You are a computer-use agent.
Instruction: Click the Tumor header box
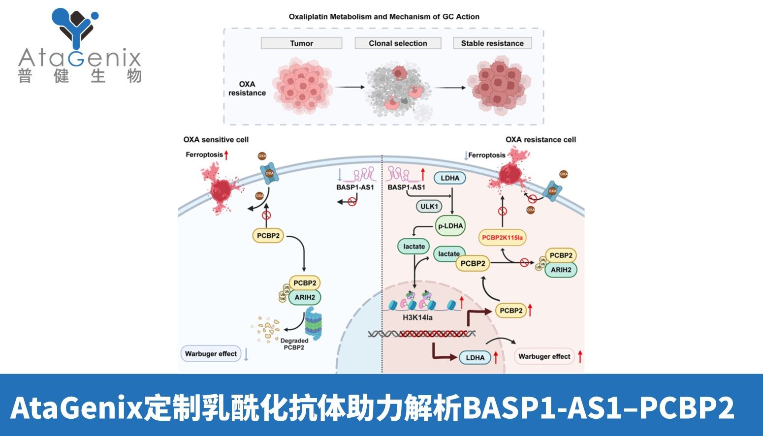(301, 43)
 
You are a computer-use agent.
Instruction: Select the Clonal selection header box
(398, 43)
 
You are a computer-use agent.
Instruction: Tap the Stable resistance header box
(492, 43)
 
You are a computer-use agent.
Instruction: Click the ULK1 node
(429, 206)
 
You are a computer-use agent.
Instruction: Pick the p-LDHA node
(450, 226)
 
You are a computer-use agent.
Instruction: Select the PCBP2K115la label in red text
(502, 238)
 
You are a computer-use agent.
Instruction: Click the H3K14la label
(417, 317)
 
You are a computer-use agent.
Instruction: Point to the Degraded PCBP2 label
(294, 344)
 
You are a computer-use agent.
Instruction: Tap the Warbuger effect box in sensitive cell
(211, 354)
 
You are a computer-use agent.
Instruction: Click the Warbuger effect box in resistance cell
(544, 356)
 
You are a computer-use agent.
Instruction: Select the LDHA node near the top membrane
(450, 178)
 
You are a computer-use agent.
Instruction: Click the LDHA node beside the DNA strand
(475, 358)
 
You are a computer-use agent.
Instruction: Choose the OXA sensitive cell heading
(216, 140)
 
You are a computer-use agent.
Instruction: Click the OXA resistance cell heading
(540, 140)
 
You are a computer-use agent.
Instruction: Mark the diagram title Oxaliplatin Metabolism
(384, 17)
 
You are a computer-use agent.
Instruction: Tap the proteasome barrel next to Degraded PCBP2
(313, 324)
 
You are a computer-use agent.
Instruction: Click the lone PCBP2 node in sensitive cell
(268, 236)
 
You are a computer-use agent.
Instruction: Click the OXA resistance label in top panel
(247, 89)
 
